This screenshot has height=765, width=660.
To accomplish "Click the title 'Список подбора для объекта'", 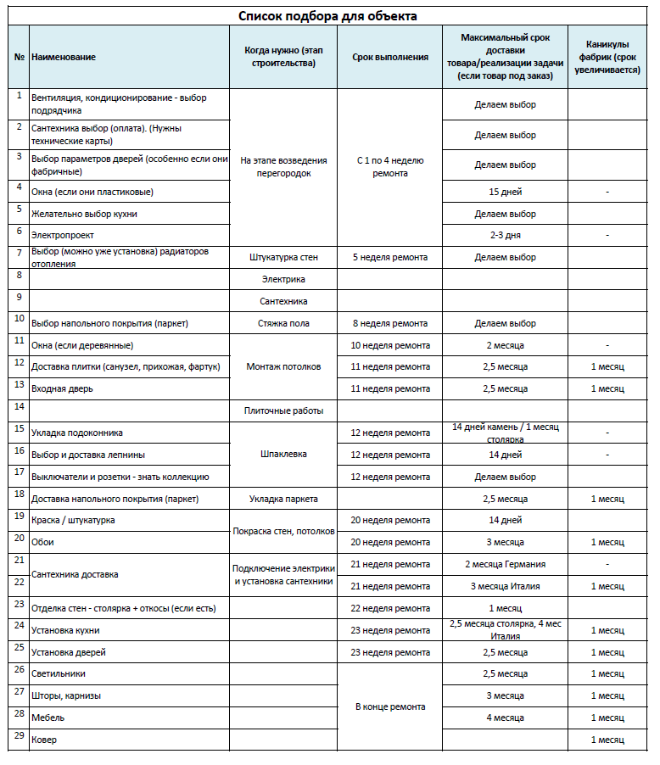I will coord(327,15).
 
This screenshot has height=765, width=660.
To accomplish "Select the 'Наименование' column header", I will coord(64,57).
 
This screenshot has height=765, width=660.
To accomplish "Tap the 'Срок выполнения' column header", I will coord(389,57).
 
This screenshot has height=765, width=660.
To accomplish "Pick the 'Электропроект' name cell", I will coord(62,234).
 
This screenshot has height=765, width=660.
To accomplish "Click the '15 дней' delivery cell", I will coord(505,192).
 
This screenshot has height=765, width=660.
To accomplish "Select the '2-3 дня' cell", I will coord(505,234).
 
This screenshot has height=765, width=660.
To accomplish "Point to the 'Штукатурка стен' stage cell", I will coord(283,257).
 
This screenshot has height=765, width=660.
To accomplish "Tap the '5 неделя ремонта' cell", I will coord(389,257).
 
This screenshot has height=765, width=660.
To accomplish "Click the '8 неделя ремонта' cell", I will coord(389,323).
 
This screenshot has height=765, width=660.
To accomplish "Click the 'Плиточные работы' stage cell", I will coord(283,410).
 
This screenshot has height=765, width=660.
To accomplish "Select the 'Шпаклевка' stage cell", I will coord(283,454).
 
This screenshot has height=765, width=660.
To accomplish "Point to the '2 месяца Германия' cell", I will coord(505,564).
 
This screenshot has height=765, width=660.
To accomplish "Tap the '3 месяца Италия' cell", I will coord(505,586).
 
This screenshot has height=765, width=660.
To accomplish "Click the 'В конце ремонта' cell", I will coord(389,706).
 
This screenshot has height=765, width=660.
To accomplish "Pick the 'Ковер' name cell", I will coord(43,740).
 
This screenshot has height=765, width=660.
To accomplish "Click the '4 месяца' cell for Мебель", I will coord(505,718).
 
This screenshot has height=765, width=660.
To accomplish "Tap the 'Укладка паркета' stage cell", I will coord(283,498).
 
